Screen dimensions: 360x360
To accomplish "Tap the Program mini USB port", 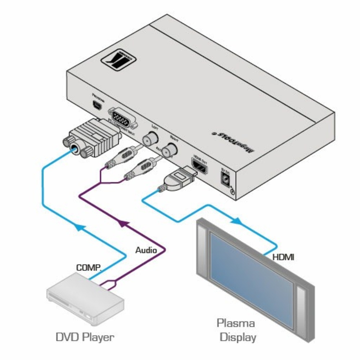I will point(96,105).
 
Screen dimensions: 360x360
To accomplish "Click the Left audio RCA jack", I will point(149,139).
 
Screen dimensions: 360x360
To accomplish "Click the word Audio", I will point(146,250).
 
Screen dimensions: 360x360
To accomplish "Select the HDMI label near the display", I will point(283,257).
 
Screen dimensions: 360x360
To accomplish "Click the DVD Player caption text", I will point(85,337).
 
